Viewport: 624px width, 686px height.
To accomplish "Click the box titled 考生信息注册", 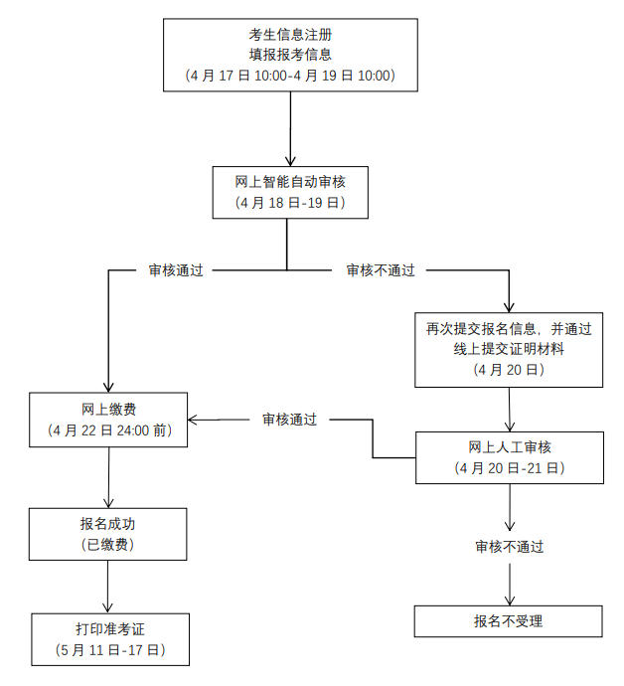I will (289, 56).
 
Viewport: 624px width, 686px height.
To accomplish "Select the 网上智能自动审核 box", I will (289, 192).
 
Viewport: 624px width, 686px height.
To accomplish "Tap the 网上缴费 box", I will (108, 419).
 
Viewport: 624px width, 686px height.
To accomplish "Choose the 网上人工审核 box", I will (509, 456).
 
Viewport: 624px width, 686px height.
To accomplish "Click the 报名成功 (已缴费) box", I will (108, 533).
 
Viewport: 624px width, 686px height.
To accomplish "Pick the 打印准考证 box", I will (108, 639).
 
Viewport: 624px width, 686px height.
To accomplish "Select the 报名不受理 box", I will (509, 622).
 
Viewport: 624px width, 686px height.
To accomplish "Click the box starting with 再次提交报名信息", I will (509, 349).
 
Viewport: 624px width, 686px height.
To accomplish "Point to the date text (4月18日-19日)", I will (289, 203).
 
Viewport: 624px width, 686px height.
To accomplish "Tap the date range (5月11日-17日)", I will (108, 651).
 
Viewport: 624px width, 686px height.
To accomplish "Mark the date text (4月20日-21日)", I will (509, 467).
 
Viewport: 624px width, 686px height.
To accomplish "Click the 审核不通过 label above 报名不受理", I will (509, 546).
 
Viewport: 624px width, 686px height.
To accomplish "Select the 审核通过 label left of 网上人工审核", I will (289, 420).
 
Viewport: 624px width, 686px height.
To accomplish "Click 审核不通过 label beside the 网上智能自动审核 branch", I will (380, 269).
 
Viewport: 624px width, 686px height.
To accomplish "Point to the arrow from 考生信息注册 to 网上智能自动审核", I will (289, 129).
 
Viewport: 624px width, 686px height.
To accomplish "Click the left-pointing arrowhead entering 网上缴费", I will (195, 420).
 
